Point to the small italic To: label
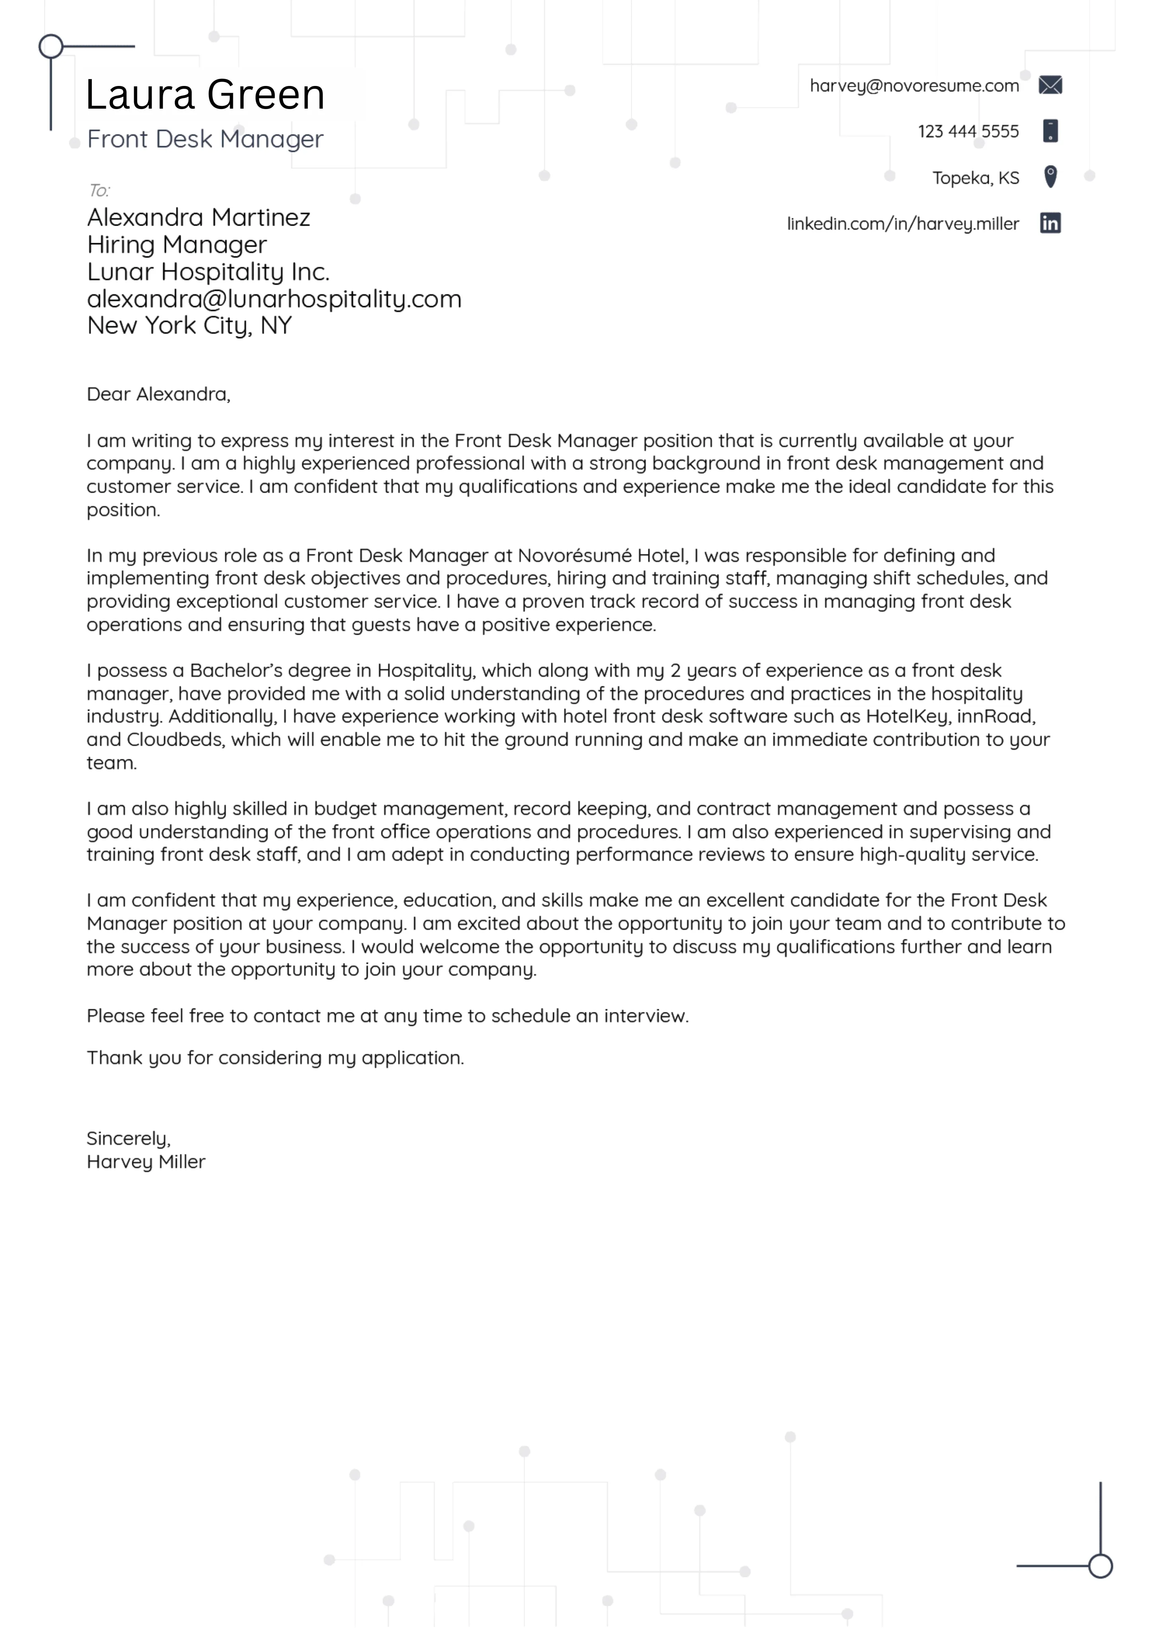[99, 190]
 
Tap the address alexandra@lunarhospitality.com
[274, 299]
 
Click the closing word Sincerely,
[129, 1139]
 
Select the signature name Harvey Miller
[146, 1162]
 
